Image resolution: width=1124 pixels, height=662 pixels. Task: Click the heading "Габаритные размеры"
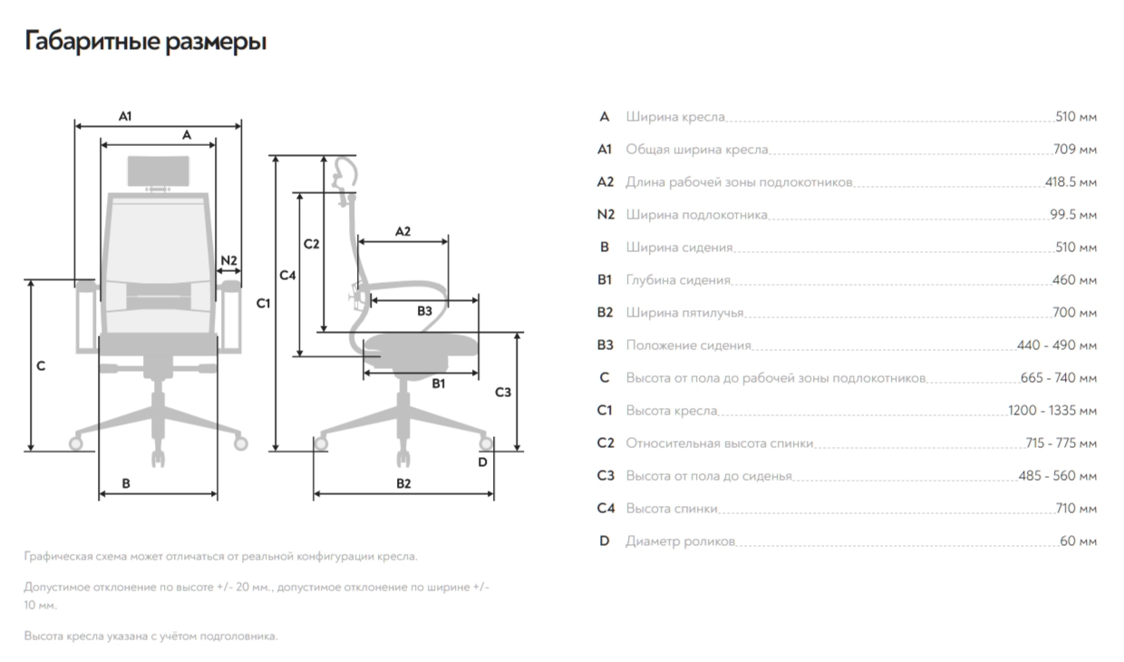[x=145, y=42]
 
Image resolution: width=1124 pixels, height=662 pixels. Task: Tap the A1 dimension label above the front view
[x=126, y=115]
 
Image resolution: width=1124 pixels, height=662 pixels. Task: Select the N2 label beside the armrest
[x=228, y=260]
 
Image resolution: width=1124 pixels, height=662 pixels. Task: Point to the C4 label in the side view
[x=287, y=275]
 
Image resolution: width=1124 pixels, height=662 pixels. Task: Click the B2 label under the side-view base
[x=403, y=483]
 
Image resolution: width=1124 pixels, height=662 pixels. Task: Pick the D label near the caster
[x=482, y=462]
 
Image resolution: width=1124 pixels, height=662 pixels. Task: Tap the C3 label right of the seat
[x=503, y=393]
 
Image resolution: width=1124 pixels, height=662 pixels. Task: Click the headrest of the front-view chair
[x=160, y=170]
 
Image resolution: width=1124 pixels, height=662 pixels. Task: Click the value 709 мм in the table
[x=1075, y=150]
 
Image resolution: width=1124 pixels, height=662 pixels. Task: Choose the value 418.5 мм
[x=1071, y=182]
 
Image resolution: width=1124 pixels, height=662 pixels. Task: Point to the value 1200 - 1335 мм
[x=1052, y=411]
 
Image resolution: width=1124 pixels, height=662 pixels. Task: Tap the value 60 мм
[x=1078, y=541]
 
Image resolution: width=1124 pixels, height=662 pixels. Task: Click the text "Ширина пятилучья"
[x=684, y=313]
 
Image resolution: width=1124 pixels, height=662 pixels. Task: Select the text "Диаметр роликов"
[x=680, y=541]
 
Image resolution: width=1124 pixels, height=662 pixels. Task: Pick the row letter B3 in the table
[x=606, y=346]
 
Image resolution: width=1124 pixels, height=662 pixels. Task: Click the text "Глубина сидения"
[x=678, y=280]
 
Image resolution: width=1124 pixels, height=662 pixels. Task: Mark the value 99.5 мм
[x=1073, y=215]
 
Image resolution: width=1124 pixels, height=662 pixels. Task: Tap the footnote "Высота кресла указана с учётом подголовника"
[x=150, y=636]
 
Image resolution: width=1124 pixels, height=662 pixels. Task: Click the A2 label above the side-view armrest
[x=402, y=231]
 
